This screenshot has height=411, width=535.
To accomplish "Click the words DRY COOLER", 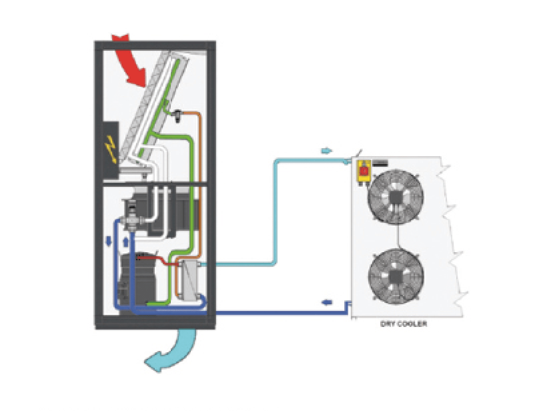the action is click(403, 324).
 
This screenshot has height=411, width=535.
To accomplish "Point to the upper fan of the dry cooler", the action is click(395, 196).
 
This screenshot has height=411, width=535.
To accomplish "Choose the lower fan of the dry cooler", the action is click(396, 276).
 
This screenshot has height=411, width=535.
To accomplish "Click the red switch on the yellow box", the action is click(364, 170).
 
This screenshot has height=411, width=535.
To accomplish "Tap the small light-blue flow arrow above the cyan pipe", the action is click(327, 150).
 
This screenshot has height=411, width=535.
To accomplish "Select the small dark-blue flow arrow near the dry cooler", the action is click(327, 302).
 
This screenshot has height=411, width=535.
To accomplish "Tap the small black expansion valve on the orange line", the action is click(177, 116).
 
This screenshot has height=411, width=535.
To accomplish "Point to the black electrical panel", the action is click(111, 150).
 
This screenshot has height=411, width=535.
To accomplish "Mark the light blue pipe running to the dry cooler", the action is click(275, 211).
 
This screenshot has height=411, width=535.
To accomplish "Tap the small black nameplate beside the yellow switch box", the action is click(380, 163).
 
